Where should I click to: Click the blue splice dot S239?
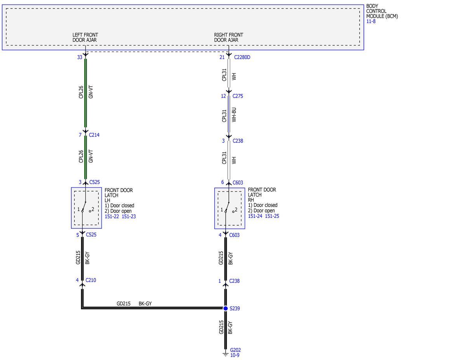(x=225, y=308)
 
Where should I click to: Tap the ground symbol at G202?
(x=225, y=354)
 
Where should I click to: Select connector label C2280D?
(x=242, y=57)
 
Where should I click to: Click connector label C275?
(x=238, y=96)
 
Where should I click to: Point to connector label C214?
(x=94, y=135)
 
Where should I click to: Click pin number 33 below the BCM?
(x=80, y=57)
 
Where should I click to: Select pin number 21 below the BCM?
(x=222, y=57)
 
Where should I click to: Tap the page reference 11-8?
(x=371, y=21)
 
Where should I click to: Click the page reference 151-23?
(x=129, y=217)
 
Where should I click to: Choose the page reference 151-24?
(x=255, y=216)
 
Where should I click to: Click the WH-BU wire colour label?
(x=234, y=115)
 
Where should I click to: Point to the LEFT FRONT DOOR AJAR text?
(x=85, y=37)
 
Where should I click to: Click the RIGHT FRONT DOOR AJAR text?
(x=229, y=37)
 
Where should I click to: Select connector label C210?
(x=91, y=280)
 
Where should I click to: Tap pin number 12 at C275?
(x=223, y=96)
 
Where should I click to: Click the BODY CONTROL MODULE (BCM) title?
(x=382, y=11)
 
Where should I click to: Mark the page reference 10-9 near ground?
(x=235, y=355)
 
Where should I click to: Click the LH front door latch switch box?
(x=87, y=208)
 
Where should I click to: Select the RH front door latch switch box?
(x=230, y=209)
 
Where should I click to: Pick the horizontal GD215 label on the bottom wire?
(x=123, y=304)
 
